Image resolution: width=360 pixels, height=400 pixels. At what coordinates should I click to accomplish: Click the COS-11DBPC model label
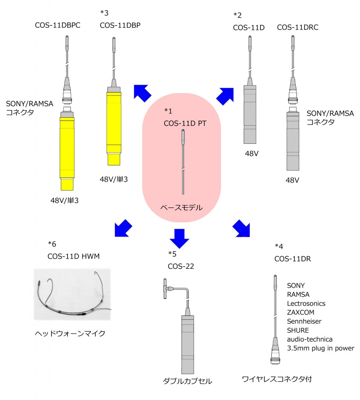click(58, 25)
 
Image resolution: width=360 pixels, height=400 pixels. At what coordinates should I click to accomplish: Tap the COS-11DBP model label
click(120, 25)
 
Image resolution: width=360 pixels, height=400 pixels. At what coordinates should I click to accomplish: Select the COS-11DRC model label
click(298, 27)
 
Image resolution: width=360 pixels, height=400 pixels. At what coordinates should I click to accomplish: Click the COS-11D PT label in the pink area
click(185, 123)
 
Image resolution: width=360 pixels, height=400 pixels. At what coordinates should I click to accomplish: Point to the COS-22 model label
click(181, 266)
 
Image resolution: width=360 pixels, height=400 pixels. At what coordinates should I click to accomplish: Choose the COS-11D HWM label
click(73, 256)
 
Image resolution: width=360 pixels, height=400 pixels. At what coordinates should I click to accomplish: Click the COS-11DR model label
click(292, 259)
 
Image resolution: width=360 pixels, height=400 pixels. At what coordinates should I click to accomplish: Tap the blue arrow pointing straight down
click(179, 239)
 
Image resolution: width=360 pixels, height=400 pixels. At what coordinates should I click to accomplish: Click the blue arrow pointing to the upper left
click(142, 93)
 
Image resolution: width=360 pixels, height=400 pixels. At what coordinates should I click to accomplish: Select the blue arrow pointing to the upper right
click(225, 96)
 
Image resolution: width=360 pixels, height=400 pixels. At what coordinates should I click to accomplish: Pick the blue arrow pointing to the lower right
click(241, 228)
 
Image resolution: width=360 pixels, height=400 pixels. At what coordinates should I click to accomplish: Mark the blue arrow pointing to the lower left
click(123, 228)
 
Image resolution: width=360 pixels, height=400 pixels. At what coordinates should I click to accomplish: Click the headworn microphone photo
click(72, 295)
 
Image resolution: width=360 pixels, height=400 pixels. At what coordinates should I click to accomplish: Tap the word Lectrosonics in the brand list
click(306, 304)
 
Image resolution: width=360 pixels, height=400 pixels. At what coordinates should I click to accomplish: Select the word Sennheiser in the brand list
click(304, 321)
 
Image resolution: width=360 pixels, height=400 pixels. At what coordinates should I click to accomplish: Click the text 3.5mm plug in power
click(321, 348)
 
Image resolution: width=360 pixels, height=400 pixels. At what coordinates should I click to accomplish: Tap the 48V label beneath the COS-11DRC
click(292, 180)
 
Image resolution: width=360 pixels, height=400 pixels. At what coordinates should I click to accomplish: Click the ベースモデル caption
click(181, 208)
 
